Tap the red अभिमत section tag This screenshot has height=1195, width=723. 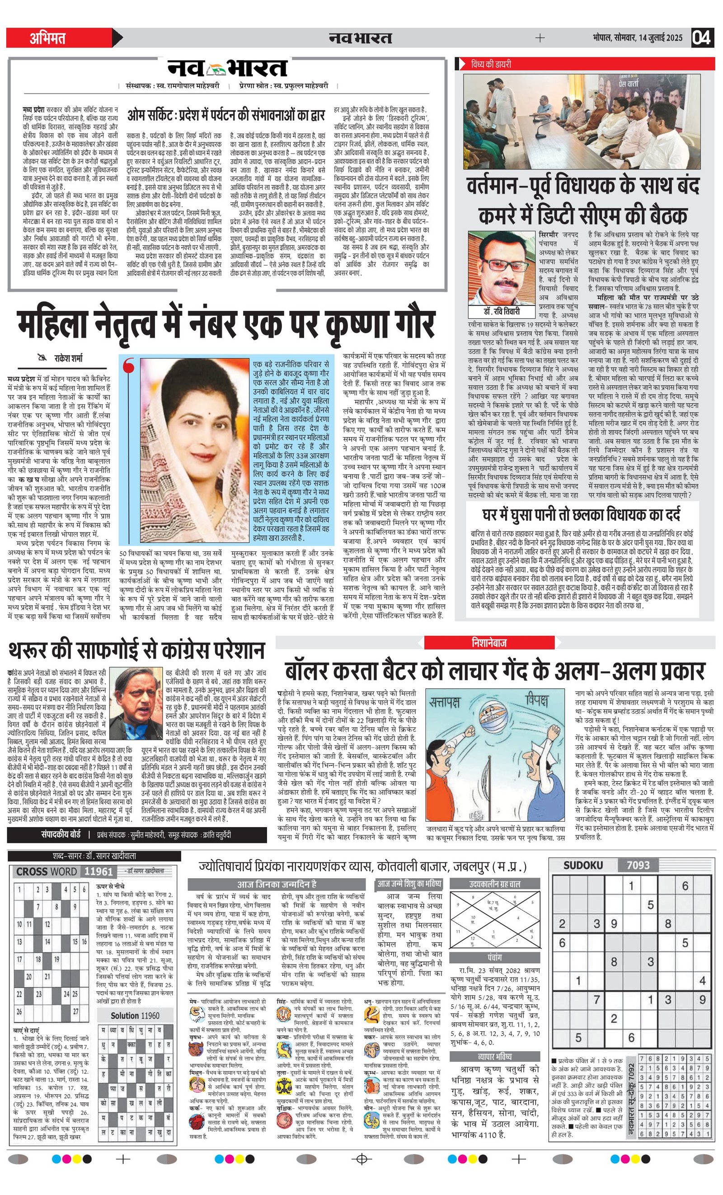[47, 38]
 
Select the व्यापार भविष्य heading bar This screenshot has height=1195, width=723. [495, 1056]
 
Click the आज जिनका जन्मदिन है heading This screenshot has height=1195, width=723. [277, 884]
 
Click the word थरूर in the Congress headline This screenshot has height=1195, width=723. [39, 650]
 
